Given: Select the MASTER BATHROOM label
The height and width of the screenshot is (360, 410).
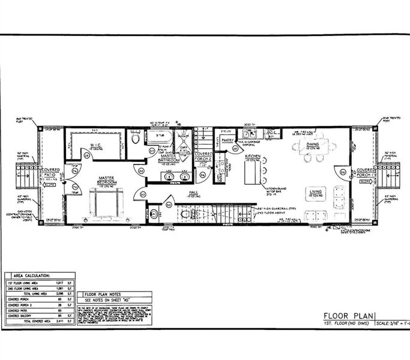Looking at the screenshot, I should coord(169,160).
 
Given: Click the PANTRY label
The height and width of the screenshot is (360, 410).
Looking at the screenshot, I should coord(228,140).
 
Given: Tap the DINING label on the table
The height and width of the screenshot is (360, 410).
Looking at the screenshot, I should coord(313,145).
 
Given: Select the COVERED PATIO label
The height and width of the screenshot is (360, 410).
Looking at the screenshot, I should coord(50,173).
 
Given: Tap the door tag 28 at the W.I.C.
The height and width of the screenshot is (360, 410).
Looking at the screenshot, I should coord(86,157).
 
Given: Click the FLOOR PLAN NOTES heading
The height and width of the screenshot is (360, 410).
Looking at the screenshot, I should coord(107,294).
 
